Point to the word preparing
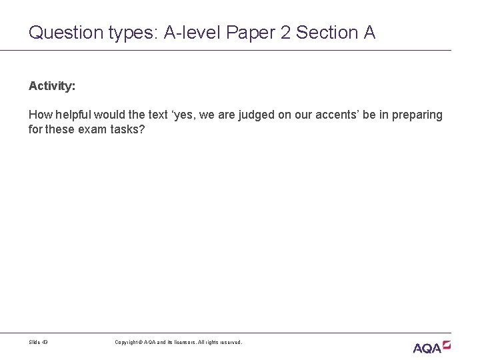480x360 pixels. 417,115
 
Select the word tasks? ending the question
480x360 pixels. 126,129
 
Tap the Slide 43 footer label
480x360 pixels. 39,342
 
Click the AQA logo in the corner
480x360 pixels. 431,346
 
